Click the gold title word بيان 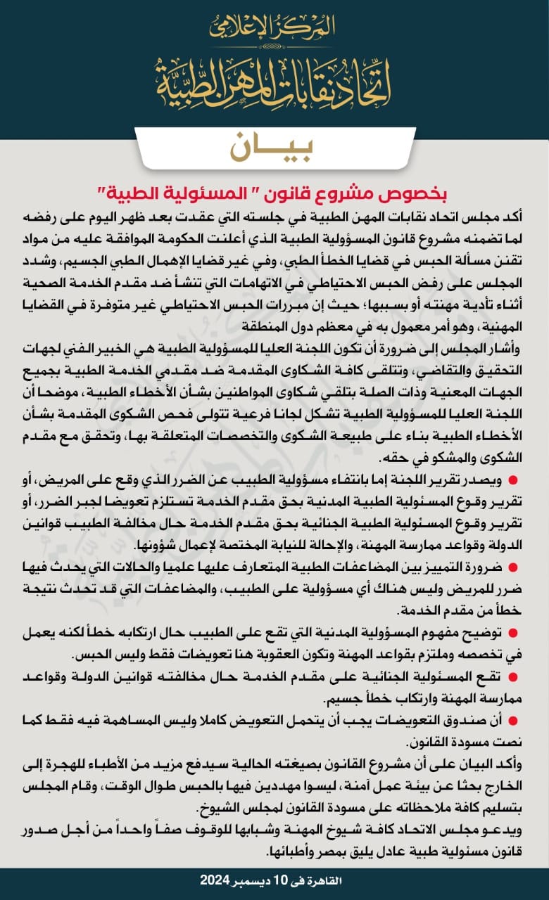click(274, 147)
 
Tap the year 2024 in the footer click(215, 880)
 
